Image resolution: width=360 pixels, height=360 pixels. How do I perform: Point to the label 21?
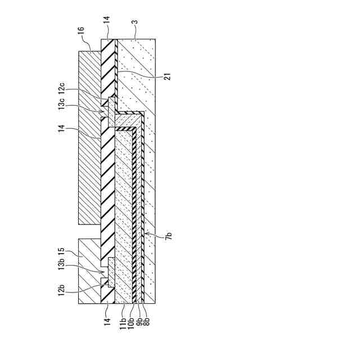(x=166, y=74)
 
